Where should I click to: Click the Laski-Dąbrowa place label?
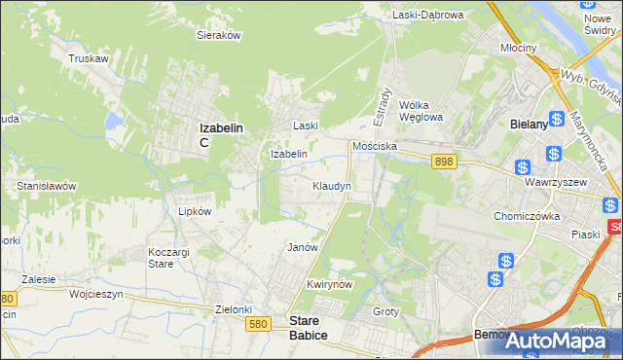(x=428, y=15)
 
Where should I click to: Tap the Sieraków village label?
(x=219, y=34)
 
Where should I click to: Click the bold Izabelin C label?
(x=220, y=133)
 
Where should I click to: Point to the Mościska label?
(x=375, y=145)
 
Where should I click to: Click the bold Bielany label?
(x=532, y=125)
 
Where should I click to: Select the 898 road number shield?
(x=445, y=162)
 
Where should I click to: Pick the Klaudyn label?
(x=332, y=185)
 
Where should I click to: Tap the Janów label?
(x=303, y=247)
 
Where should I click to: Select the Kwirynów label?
(x=327, y=284)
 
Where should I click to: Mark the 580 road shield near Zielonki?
(x=257, y=325)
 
